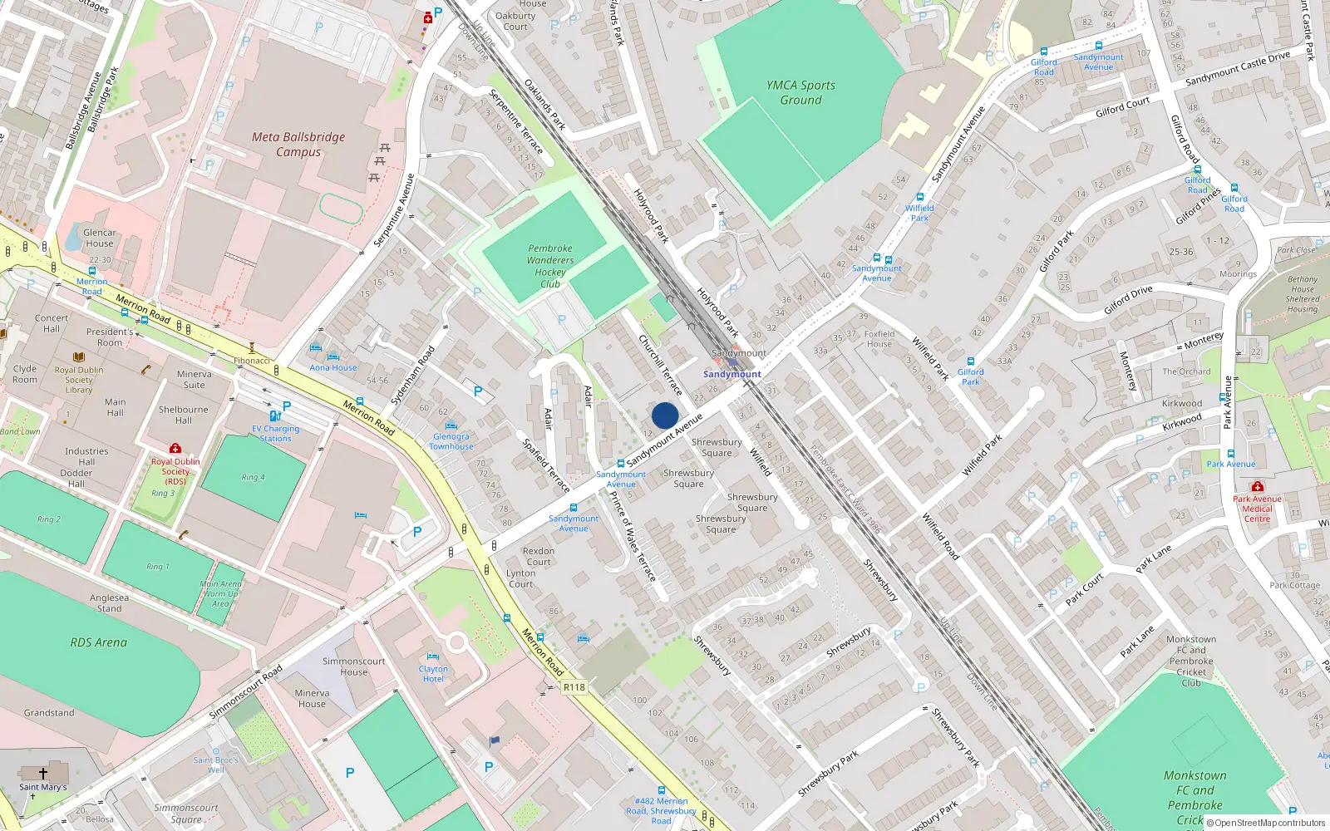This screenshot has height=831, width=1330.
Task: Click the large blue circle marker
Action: point(665,415)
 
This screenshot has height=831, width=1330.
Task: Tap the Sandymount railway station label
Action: point(731,374)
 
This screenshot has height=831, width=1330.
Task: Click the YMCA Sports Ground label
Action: point(800,92)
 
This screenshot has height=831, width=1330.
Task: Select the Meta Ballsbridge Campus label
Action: point(298,144)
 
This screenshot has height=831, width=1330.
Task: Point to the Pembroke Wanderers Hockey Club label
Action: point(549,266)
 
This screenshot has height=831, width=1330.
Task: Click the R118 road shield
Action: point(574,687)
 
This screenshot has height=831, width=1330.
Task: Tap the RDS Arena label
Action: point(98,642)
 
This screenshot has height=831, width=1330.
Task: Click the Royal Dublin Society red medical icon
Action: point(175,449)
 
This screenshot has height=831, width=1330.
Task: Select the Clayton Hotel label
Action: point(433,673)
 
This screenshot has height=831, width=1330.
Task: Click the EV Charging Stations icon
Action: point(275,415)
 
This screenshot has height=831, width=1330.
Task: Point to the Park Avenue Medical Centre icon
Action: point(1257,486)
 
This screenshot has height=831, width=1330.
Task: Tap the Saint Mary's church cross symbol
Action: point(43,773)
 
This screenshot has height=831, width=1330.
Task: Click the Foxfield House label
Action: point(879,339)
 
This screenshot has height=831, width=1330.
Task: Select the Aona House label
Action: point(332,367)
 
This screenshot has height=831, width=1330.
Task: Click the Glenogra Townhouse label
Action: point(451,441)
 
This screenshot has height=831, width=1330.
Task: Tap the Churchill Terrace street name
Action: point(660,365)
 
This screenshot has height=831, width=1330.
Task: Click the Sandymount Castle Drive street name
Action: point(1237,68)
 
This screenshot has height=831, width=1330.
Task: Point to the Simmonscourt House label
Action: point(353,666)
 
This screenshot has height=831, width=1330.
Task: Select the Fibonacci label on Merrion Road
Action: point(252,361)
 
